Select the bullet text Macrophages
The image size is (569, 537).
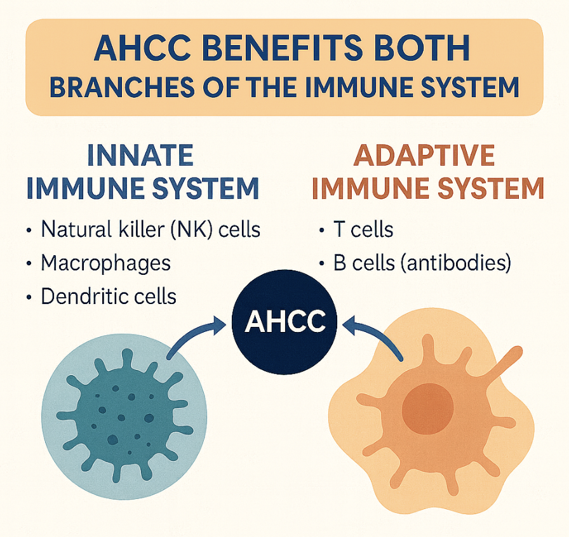pyautogui.click(x=105, y=262)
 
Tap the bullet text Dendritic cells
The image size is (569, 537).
pyautogui.click(x=108, y=296)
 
